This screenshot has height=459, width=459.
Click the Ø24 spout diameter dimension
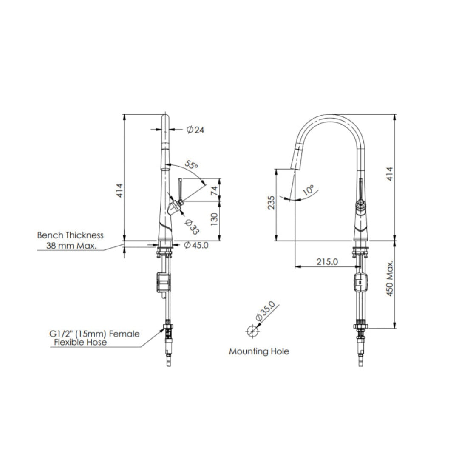click(195, 130)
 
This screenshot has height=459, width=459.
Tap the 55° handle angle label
click(192, 165)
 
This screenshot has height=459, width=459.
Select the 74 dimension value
click(215, 191)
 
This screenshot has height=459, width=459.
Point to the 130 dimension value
click(215, 219)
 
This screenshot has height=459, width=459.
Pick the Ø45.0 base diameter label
click(196, 245)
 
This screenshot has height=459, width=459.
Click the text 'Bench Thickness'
click(70, 235)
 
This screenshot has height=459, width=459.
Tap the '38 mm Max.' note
click(71, 245)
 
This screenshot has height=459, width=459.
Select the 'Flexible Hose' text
click(80, 342)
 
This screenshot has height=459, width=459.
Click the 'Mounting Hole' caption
click(259, 351)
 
